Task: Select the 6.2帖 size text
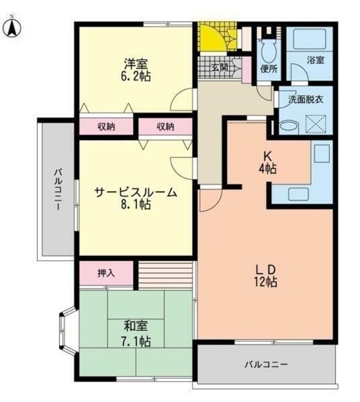tap(135, 77)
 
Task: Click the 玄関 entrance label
tap(219, 68)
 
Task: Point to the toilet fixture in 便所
tap(266, 51)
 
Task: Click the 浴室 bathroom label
tap(315, 60)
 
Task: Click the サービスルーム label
tap(135, 192)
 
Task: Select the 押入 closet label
tap(106, 273)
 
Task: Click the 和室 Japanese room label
tap(135, 326)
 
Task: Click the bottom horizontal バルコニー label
tap(267, 364)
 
